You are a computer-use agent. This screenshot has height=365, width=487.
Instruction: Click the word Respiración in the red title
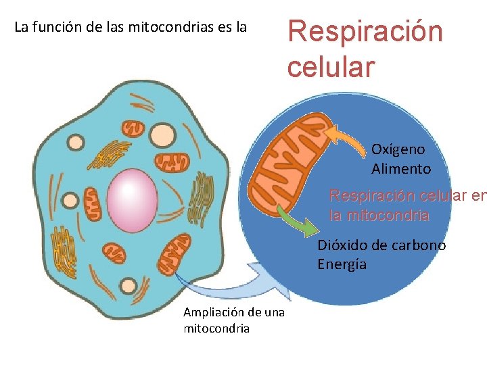click(365, 32)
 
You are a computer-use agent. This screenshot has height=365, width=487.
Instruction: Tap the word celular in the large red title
click(330, 67)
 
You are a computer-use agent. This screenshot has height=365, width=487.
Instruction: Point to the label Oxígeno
click(398, 149)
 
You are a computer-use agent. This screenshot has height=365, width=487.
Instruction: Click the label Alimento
click(400, 169)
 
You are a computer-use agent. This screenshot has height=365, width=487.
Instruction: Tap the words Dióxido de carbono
click(381, 245)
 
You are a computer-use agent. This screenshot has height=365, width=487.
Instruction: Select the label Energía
click(342, 264)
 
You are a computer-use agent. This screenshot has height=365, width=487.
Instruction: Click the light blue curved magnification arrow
click(243, 283)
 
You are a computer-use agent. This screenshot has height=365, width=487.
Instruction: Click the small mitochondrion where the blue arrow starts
click(173, 253)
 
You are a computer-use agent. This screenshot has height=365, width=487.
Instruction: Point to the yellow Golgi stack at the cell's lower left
click(66, 249)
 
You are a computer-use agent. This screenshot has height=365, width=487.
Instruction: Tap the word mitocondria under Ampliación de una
click(216, 328)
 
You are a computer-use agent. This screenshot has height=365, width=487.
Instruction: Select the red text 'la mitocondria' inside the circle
click(379, 216)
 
